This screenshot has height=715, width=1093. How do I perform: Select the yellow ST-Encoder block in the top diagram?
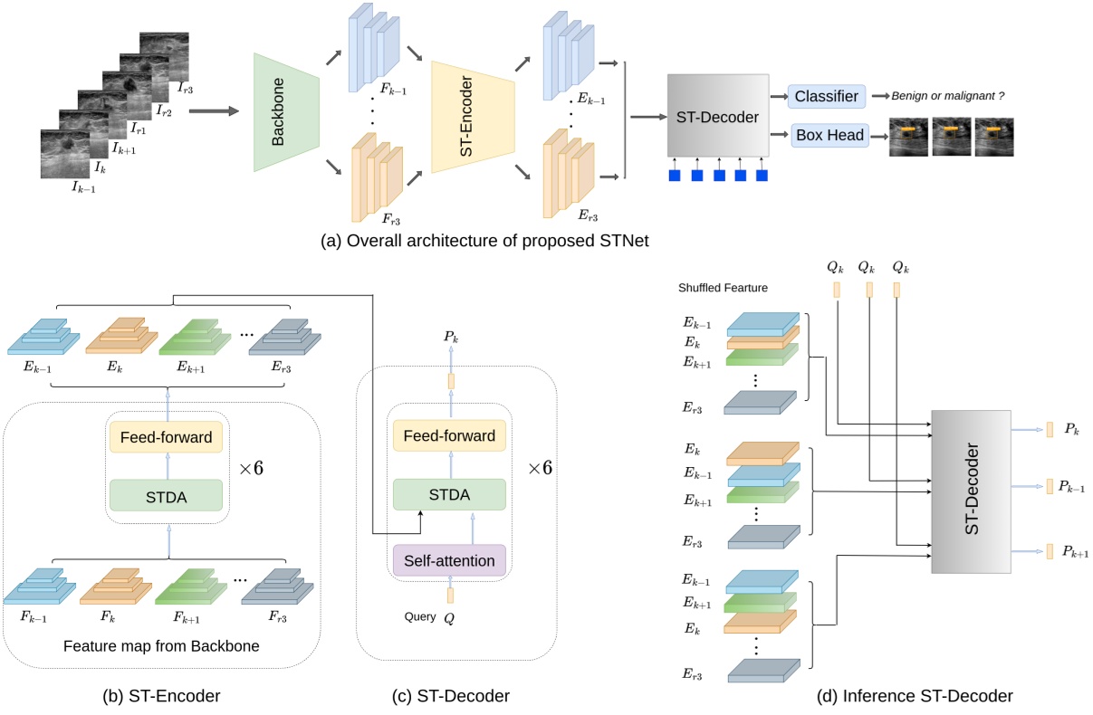click(x=473, y=117)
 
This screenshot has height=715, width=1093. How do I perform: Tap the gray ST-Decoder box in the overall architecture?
click(x=718, y=115)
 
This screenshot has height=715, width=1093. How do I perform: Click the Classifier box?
click(x=828, y=96)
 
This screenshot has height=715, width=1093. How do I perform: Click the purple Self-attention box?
click(x=448, y=561)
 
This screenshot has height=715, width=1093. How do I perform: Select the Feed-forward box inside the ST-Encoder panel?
click(x=166, y=438)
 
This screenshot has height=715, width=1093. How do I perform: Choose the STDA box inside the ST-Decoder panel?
click(x=448, y=495)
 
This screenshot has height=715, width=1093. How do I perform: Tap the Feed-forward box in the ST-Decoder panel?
click(x=448, y=436)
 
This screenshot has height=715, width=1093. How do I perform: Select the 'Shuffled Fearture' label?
click(x=722, y=288)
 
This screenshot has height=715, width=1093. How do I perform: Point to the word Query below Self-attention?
click(x=421, y=616)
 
